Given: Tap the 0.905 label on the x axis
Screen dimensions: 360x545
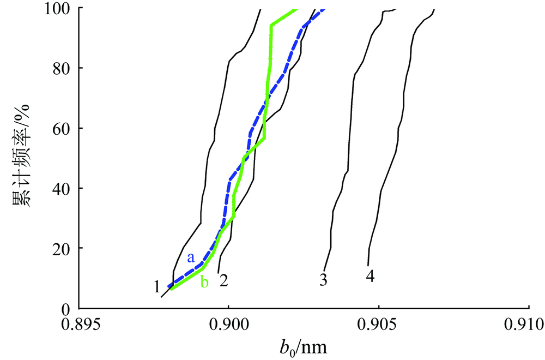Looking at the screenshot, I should [x=378, y=326].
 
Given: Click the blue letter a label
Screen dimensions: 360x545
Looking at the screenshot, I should [x=191, y=258].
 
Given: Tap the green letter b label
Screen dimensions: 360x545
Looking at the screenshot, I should [x=204, y=283].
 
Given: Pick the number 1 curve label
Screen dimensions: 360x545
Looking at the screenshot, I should [x=156, y=285].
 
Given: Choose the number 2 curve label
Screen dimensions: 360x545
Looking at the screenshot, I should [x=223, y=281].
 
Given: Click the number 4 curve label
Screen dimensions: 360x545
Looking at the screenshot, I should [x=370, y=277].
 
